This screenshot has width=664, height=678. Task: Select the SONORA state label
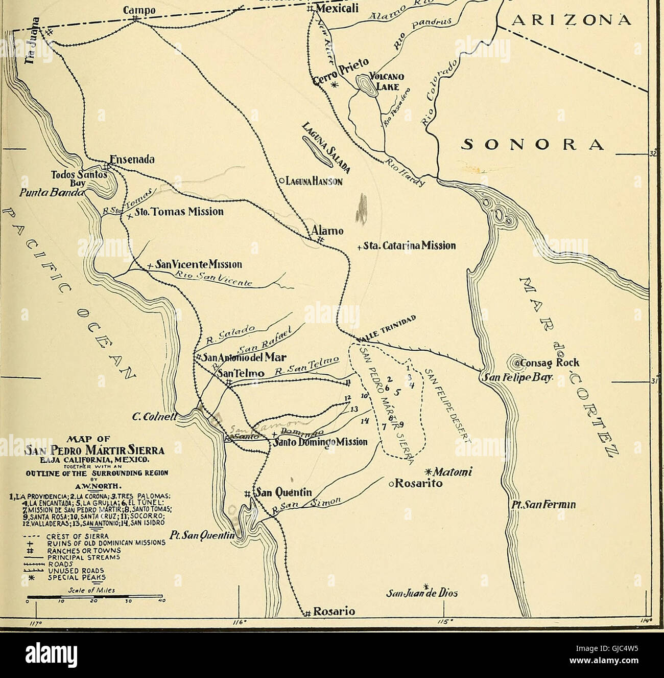tap(533, 144)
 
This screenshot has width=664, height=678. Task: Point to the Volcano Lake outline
tap(366, 83)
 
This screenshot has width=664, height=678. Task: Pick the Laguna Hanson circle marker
tap(281, 180)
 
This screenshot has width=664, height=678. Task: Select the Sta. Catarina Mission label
tap(409, 246)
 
